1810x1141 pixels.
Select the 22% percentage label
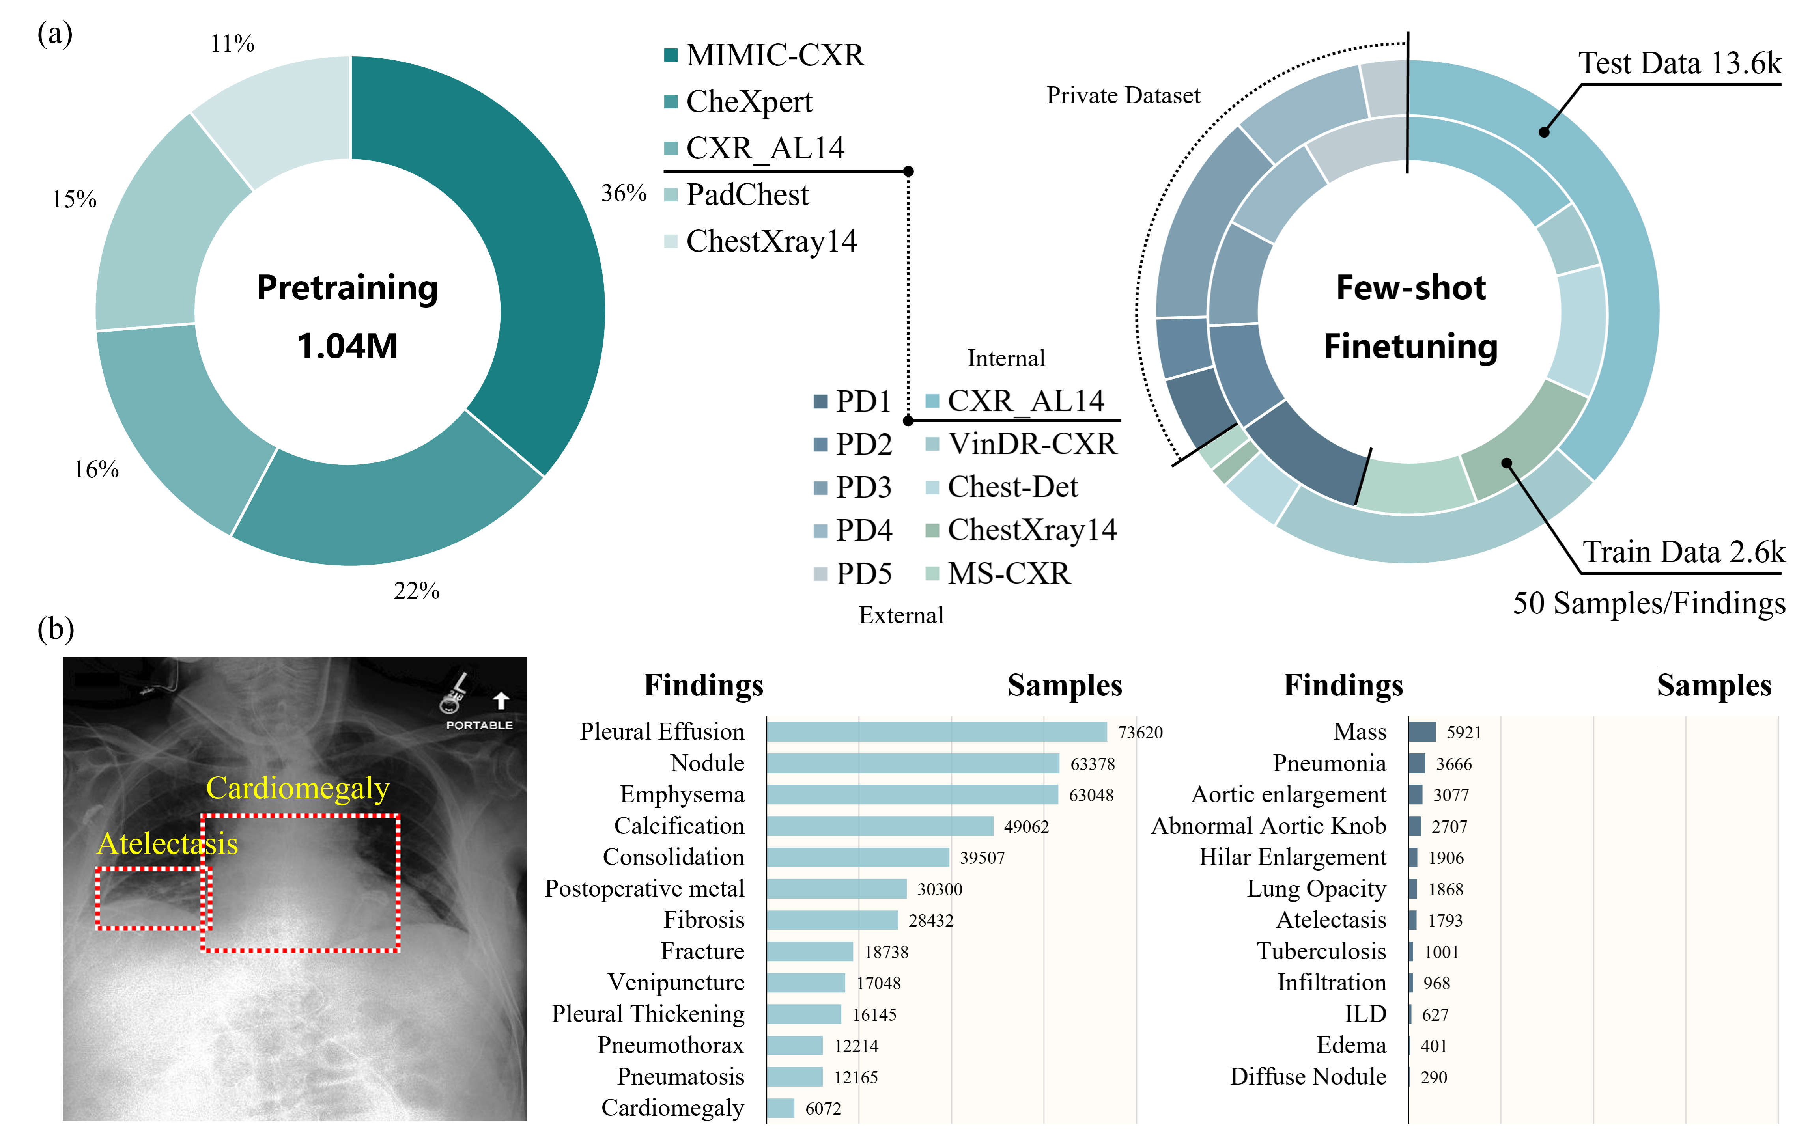pos(417,590)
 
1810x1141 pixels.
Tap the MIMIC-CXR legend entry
pos(774,55)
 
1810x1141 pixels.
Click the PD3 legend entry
pos(863,487)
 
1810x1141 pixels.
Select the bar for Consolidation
pos(857,857)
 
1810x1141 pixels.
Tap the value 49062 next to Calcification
pos(1026,826)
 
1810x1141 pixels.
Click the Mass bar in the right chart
pos(1421,732)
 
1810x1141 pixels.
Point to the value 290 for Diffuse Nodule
pos(1433,1077)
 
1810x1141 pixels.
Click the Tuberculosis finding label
pos(1321,951)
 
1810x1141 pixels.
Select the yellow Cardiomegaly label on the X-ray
pos(298,788)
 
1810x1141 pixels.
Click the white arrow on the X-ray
pos(501,700)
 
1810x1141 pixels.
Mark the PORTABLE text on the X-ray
pos(479,725)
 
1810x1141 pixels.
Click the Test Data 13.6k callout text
pos(1679,63)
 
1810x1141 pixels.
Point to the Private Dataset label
pos(1123,95)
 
